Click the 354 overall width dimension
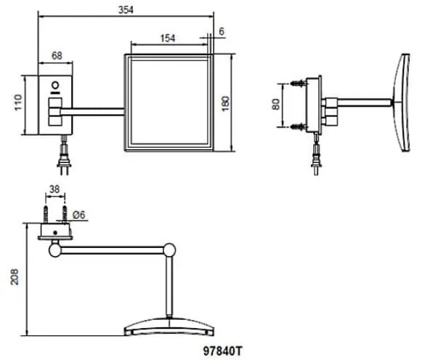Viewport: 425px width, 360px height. (126, 9)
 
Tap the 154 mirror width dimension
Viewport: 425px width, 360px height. (168, 39)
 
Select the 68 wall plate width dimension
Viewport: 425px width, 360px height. (57, 55)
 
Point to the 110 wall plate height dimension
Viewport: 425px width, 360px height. (18, 103)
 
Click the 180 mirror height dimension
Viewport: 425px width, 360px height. (225, 103)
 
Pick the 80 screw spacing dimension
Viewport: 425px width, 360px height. (275, 105)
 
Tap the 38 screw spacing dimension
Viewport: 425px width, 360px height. (54, 189)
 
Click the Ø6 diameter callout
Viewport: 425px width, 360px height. (79, 215)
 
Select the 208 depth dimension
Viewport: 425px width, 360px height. (15, 276)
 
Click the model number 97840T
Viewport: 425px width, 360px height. (222, 351)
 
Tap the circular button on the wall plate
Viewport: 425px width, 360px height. (55, 86)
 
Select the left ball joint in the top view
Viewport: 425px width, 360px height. (55, 250)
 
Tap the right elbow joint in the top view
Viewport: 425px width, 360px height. (169, 250)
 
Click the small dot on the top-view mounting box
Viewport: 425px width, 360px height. (55, 233)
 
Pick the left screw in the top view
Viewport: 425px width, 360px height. (46, 215)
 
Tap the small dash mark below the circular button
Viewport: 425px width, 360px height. (55, 92)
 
